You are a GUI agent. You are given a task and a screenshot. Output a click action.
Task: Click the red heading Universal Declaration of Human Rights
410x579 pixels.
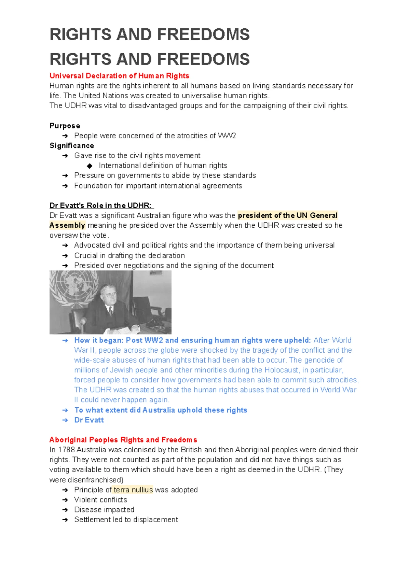click(x=119, y=76)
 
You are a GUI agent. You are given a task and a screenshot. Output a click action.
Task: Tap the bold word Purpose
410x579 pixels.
click(x=65, y=126)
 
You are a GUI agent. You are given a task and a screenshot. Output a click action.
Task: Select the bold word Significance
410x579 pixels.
click(x=72, y=146)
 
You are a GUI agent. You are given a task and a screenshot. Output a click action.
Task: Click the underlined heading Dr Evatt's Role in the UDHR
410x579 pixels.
click(x=101, y=206)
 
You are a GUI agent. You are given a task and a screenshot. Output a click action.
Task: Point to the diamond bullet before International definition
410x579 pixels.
click(x=90, y=166)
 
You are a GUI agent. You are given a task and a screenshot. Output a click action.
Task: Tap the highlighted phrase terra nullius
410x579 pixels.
click(x=133, y=490)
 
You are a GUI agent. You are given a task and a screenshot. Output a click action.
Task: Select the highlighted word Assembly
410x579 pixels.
click(x=67, y=225)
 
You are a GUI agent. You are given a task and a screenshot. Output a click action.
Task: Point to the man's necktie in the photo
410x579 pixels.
click(x=110, y=311)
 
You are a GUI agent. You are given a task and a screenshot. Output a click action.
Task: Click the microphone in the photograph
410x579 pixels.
click(x=83, y=323)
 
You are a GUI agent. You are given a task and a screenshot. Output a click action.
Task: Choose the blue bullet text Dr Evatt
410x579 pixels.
click(x=89, y=420)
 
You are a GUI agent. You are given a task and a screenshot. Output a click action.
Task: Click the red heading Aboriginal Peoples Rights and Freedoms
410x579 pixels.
click(x=123, y=440)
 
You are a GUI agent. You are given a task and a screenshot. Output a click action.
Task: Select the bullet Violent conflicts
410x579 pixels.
click(x=100, y=500)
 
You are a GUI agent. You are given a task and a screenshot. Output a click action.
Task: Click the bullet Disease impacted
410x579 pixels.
click(x=104, y=510)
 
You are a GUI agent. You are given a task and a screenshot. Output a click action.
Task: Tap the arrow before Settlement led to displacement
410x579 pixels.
click(x=65, y=520)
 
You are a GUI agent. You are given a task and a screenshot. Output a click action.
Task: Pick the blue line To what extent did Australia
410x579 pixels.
click(x=161, y=410)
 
